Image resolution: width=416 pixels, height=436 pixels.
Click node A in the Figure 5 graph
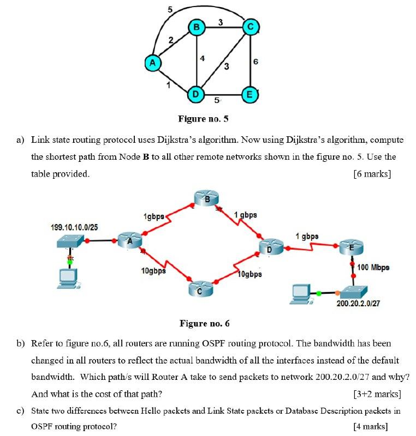click(x=153, y=63)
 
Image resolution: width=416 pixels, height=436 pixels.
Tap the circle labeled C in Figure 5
click(x=250, y=26)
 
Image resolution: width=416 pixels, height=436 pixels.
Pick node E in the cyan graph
click(x=250, y=94)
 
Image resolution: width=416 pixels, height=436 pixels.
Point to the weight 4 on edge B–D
click(x=203, y=58)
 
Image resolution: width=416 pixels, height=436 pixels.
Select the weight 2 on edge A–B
click(x=170, y=40)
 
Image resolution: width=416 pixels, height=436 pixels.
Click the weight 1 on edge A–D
click(x=169, y=85)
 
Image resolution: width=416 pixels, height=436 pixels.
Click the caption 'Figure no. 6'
click(x=205, y=324)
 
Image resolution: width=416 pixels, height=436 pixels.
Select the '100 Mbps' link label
click(x=373, y=268)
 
